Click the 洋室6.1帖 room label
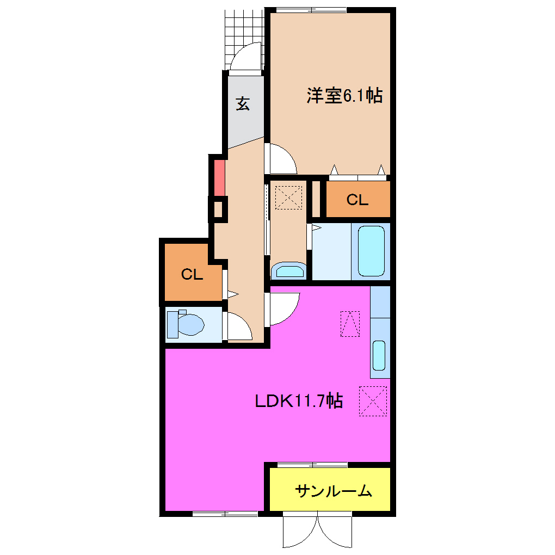344,96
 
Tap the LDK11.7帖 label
299,402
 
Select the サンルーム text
333,491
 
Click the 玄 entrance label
243,103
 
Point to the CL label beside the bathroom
357,200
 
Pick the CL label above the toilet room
192,274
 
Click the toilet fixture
186,324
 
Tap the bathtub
372,250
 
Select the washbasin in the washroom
288,270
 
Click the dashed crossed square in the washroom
288,197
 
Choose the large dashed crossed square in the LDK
373,401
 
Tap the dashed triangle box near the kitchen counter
350,323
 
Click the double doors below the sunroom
318,532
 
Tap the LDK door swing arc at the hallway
284,308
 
